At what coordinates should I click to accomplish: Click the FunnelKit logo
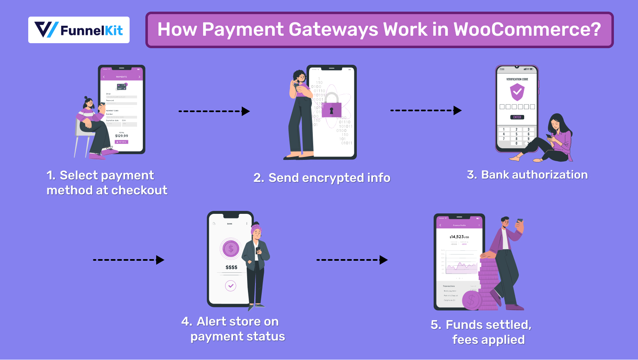coord(79,30)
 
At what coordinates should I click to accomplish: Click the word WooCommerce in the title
coord(527,29)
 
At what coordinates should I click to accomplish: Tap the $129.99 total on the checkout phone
coord(122,136)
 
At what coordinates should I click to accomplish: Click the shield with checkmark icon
coord(517,92)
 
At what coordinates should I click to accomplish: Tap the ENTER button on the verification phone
coord(517,117)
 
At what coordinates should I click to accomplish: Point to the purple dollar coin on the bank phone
coord(231,249)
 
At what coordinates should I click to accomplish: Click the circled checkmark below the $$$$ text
coord(231,286)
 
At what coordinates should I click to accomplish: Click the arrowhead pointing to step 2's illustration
coord(245,111)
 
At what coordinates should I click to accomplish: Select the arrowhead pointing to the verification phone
coord(457,110)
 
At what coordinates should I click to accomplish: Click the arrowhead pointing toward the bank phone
coord(160,260)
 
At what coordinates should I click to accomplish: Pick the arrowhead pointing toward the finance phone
coord(383,260)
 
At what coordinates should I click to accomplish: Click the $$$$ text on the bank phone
coord(231,267)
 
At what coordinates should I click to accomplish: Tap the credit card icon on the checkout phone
coord(121,87)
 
